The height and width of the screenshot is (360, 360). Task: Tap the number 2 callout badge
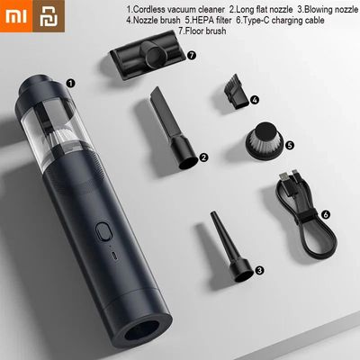coord(205,157)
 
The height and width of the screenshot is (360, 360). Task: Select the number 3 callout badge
coord(259,269)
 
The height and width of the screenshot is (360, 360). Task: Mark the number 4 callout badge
coord(255,100)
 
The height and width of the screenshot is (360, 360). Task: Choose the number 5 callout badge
coord(290,144)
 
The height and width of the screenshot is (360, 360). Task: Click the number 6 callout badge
coord(325,215)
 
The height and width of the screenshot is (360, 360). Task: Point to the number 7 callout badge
coord(192,55)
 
